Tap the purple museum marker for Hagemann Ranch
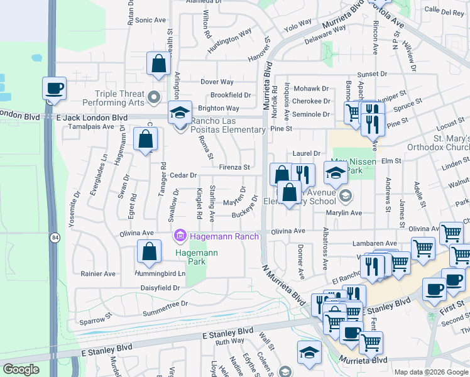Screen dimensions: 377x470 click(x=180, y=236)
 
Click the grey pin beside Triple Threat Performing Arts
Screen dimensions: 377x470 click(x=155, y=97)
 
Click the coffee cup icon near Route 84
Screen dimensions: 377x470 click(x=54, y=89)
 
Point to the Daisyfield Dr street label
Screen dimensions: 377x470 click(x=159, y=287)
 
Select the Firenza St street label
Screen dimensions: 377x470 click(x=234, y=168)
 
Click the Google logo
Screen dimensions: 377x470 click(x=21, y=369)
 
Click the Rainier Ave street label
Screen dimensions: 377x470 click(x=98, y=274)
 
